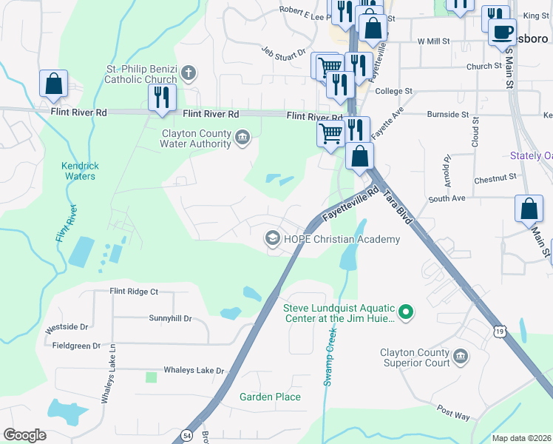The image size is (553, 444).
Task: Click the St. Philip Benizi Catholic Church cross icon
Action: (x=189, y=73)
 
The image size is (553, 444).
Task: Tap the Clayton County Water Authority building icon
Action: (x=242, y=137)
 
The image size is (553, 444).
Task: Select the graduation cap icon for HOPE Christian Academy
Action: (x=272, y=238)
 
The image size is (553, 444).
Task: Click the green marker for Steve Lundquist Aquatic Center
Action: (x=405, y=313)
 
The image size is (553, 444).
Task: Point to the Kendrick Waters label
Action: (x=81, y=171)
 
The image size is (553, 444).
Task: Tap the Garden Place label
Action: (x=270, y=397)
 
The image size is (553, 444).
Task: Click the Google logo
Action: (x=25, y=434)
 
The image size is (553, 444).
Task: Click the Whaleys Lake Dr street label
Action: (x=194, y=370)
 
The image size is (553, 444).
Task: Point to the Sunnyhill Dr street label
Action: (x=170, y=318)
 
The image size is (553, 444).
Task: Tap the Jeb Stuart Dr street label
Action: (x=284, y=52)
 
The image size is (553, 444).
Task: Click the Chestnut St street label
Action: (x=495, y=178)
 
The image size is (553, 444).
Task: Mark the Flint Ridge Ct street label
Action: (x=134, y=292)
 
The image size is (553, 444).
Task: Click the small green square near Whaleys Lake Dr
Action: (x=152, y=377)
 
